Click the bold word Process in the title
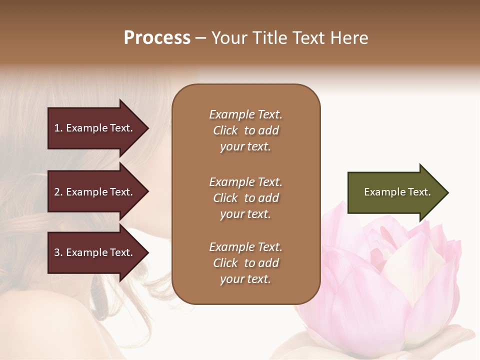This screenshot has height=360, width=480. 157,38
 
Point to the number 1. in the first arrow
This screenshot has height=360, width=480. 58,128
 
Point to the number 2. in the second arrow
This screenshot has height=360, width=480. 58,192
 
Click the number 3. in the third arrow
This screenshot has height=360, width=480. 58,252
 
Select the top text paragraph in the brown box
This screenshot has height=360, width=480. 245,130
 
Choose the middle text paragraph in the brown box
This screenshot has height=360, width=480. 245,198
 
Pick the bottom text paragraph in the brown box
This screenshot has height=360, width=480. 245,263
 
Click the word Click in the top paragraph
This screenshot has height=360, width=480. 225,130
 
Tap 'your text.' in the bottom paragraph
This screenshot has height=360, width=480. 245,279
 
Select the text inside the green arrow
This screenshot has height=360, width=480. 397,192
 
